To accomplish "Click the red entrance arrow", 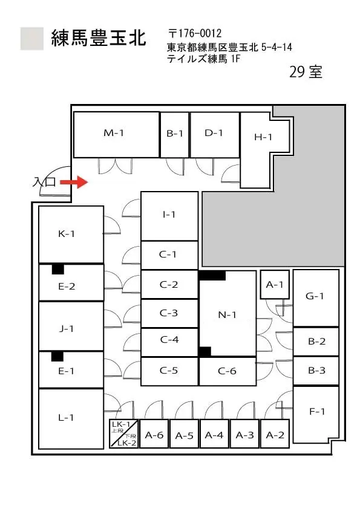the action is (x=74, y=182).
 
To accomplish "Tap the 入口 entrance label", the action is (x=44, y=182).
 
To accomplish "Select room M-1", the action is (x=117, y=135).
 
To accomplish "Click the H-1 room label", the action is (x=263, y=137).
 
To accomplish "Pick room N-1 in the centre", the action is (x=227, y=314).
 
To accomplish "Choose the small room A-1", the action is (x=275, y=284).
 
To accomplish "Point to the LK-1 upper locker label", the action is (x=121, y=424).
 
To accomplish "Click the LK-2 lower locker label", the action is (x=126, y=443).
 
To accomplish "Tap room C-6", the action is (x=227, y=371).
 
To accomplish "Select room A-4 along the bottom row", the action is (x=214, y=434).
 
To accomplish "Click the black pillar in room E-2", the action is (x=58, y=269).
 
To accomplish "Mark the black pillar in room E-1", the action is (x=57, y=356).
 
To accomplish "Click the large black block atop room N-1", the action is (x=212, y=276).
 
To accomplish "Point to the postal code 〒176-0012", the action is (x=195, y=33).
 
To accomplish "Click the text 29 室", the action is (x=306, y=72).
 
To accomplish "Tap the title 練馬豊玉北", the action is (x=99, y=38).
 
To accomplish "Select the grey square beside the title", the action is (x=32, y=39).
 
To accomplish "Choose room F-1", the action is (x=316, y=414).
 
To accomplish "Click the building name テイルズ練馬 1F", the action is (x=204, y=59).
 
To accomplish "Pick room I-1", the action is (x=169, y=216).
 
